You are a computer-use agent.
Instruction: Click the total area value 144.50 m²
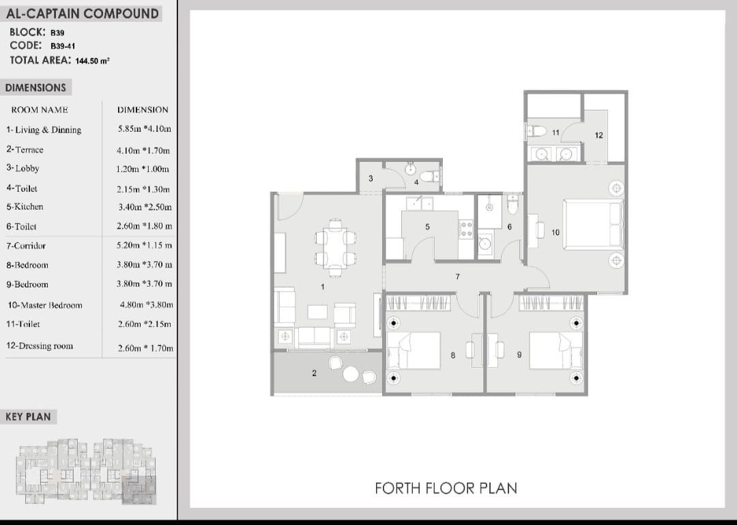click(92, 61)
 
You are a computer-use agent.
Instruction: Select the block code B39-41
click(63, 46)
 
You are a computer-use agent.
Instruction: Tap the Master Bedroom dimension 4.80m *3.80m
click(146, 305)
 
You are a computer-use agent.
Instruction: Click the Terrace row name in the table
click(25, 150)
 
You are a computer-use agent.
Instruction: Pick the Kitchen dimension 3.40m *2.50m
click(145, 207)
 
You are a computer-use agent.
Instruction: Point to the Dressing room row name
click(40, 345)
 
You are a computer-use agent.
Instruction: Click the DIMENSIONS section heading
click(35, 88)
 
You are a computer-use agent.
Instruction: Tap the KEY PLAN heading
click(28, 417)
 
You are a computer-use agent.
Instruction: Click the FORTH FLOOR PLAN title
click(446, 488)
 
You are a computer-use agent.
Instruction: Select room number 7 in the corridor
click(457, 276)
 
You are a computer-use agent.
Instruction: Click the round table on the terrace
click(351, 374)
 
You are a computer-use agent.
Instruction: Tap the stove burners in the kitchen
click(466, 229)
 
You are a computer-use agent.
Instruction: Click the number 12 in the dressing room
click(598, 135)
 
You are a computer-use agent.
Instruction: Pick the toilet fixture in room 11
click(536, 131)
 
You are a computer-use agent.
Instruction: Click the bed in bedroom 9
click(556, 351)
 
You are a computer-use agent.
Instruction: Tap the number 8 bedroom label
click(452, 355)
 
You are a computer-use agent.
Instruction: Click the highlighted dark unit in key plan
click(139, 489)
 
